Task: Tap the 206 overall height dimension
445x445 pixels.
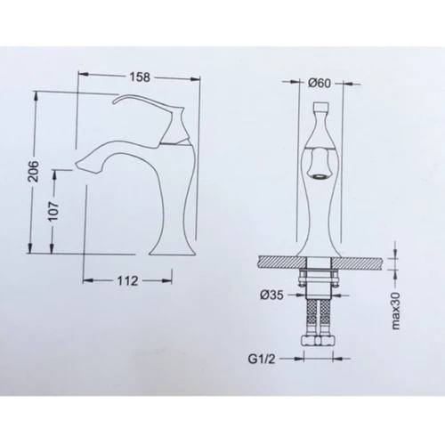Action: click(x=34, y=171)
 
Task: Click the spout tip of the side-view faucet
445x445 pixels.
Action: click(x=77, y=166)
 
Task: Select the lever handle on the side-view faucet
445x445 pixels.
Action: click(x=142, y=109)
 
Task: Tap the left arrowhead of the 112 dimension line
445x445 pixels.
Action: click(x=86, y=280)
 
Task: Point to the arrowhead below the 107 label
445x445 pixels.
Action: click(x=55, y=251)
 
